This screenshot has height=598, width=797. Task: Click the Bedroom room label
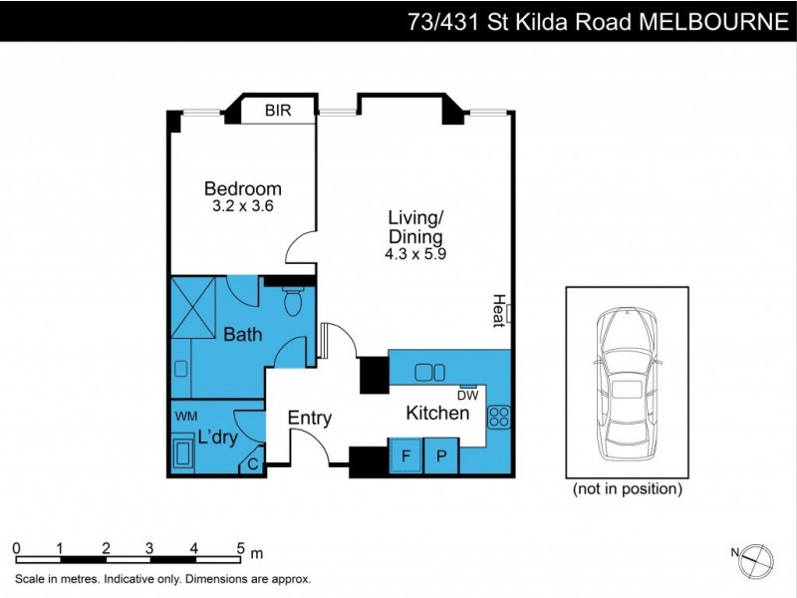click(x=242, y=188)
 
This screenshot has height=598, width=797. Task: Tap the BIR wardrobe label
click(x=278, y=111)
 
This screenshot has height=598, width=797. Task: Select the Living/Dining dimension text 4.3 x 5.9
click(x=414, y=254)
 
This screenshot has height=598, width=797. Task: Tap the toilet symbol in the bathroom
click(x=294, y=301)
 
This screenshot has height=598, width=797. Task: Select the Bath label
click(x=242, y=335)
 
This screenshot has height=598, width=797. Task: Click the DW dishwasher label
click(x=468, y=395)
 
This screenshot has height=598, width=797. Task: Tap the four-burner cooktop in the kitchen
click(x=498, y=418)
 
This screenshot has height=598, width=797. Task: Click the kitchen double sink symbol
click(x=430, y=372)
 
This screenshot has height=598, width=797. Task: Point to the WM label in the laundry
click(x=186, y=415)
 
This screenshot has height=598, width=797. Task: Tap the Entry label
click(x=309, y=419)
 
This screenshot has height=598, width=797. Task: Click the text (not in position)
click(x=628, y=489)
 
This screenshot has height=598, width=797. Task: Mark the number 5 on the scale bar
click(x=240, y=547)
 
